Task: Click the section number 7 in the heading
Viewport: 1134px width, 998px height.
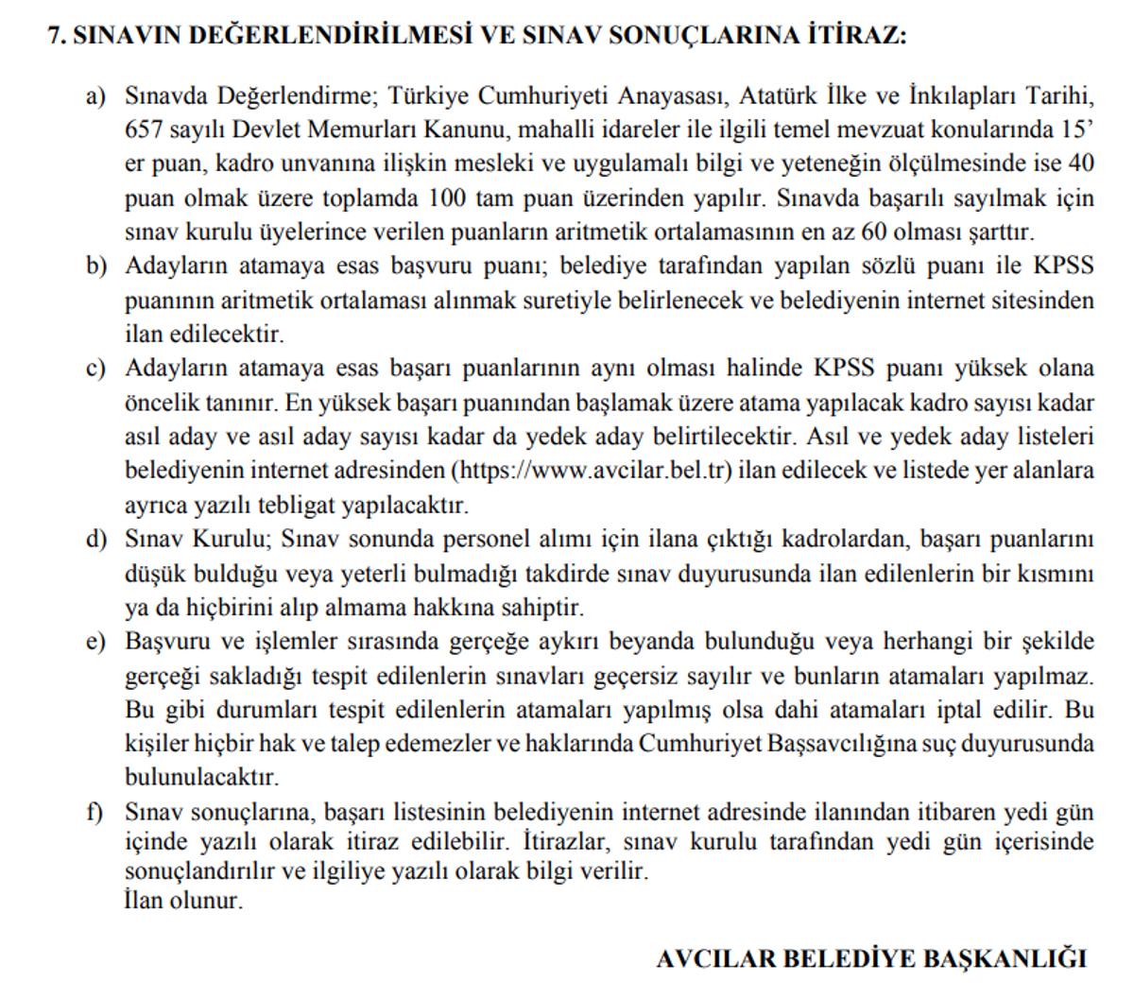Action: [x=55, y=35]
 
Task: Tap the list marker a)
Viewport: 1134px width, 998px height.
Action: [x=95, y=95]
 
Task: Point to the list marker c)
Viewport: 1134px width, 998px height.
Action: [x=95, y=369]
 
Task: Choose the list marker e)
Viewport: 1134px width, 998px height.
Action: [x=95, y=643]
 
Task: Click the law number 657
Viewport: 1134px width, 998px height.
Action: [x=143, y=129]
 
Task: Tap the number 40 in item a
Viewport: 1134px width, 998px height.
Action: [x=1081, y=164]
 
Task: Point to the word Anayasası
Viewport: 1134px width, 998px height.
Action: [x=672, y=95]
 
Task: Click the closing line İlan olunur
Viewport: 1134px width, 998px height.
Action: [x=183, y=901]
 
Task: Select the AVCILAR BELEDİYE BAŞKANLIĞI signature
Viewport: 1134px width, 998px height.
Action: [x=871, y=958]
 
